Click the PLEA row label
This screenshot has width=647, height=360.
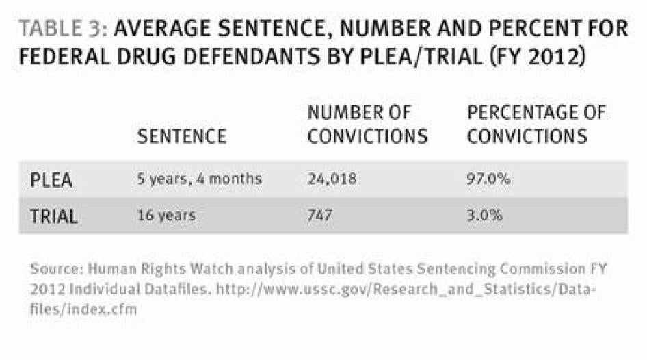[52, 180]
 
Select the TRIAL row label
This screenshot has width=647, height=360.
[54, 216]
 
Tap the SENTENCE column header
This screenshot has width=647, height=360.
[182, 137]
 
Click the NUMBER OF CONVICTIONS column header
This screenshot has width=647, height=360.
[367, 125]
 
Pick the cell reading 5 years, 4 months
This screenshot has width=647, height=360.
[200, 180]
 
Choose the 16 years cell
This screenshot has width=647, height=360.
[167, 216]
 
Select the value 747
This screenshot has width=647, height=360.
[320, 216]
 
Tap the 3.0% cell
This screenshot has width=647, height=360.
[484, 216]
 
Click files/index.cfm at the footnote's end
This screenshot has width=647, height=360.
[83, 309]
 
